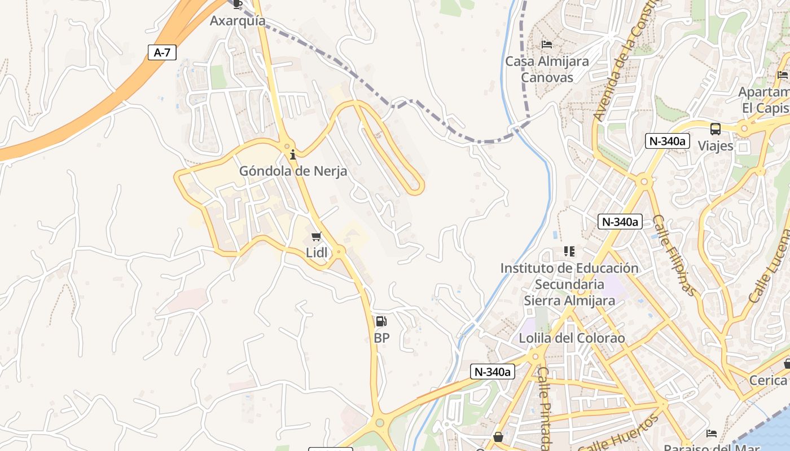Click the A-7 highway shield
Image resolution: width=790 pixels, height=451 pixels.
[162, 52]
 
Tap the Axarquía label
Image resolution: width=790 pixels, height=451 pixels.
[238, 21]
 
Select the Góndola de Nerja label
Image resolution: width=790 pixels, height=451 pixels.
[293, 171]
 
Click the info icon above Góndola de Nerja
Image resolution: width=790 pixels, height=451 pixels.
[293, 154]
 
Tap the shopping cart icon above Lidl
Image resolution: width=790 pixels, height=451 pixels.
[317, 237]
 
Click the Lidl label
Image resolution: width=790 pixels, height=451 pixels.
[317, 253]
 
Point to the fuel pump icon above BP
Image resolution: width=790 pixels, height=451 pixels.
[381, 322]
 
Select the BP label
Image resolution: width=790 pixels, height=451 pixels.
[381, 338]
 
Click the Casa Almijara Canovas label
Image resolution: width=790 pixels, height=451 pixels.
[547, 69]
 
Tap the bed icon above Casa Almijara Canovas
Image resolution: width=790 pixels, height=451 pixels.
[546, 44]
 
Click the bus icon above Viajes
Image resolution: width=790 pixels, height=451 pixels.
[716, 129]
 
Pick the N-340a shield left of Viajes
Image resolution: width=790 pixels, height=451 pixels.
[667, 141]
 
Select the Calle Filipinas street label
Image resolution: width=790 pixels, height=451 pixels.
[674, 255]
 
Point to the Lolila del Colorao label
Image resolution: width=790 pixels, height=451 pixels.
[572, 338]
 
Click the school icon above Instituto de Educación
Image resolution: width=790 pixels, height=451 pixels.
[569, 251]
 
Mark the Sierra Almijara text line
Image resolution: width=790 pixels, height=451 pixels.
[569, 300]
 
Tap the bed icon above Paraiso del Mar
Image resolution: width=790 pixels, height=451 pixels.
[712, 433]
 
